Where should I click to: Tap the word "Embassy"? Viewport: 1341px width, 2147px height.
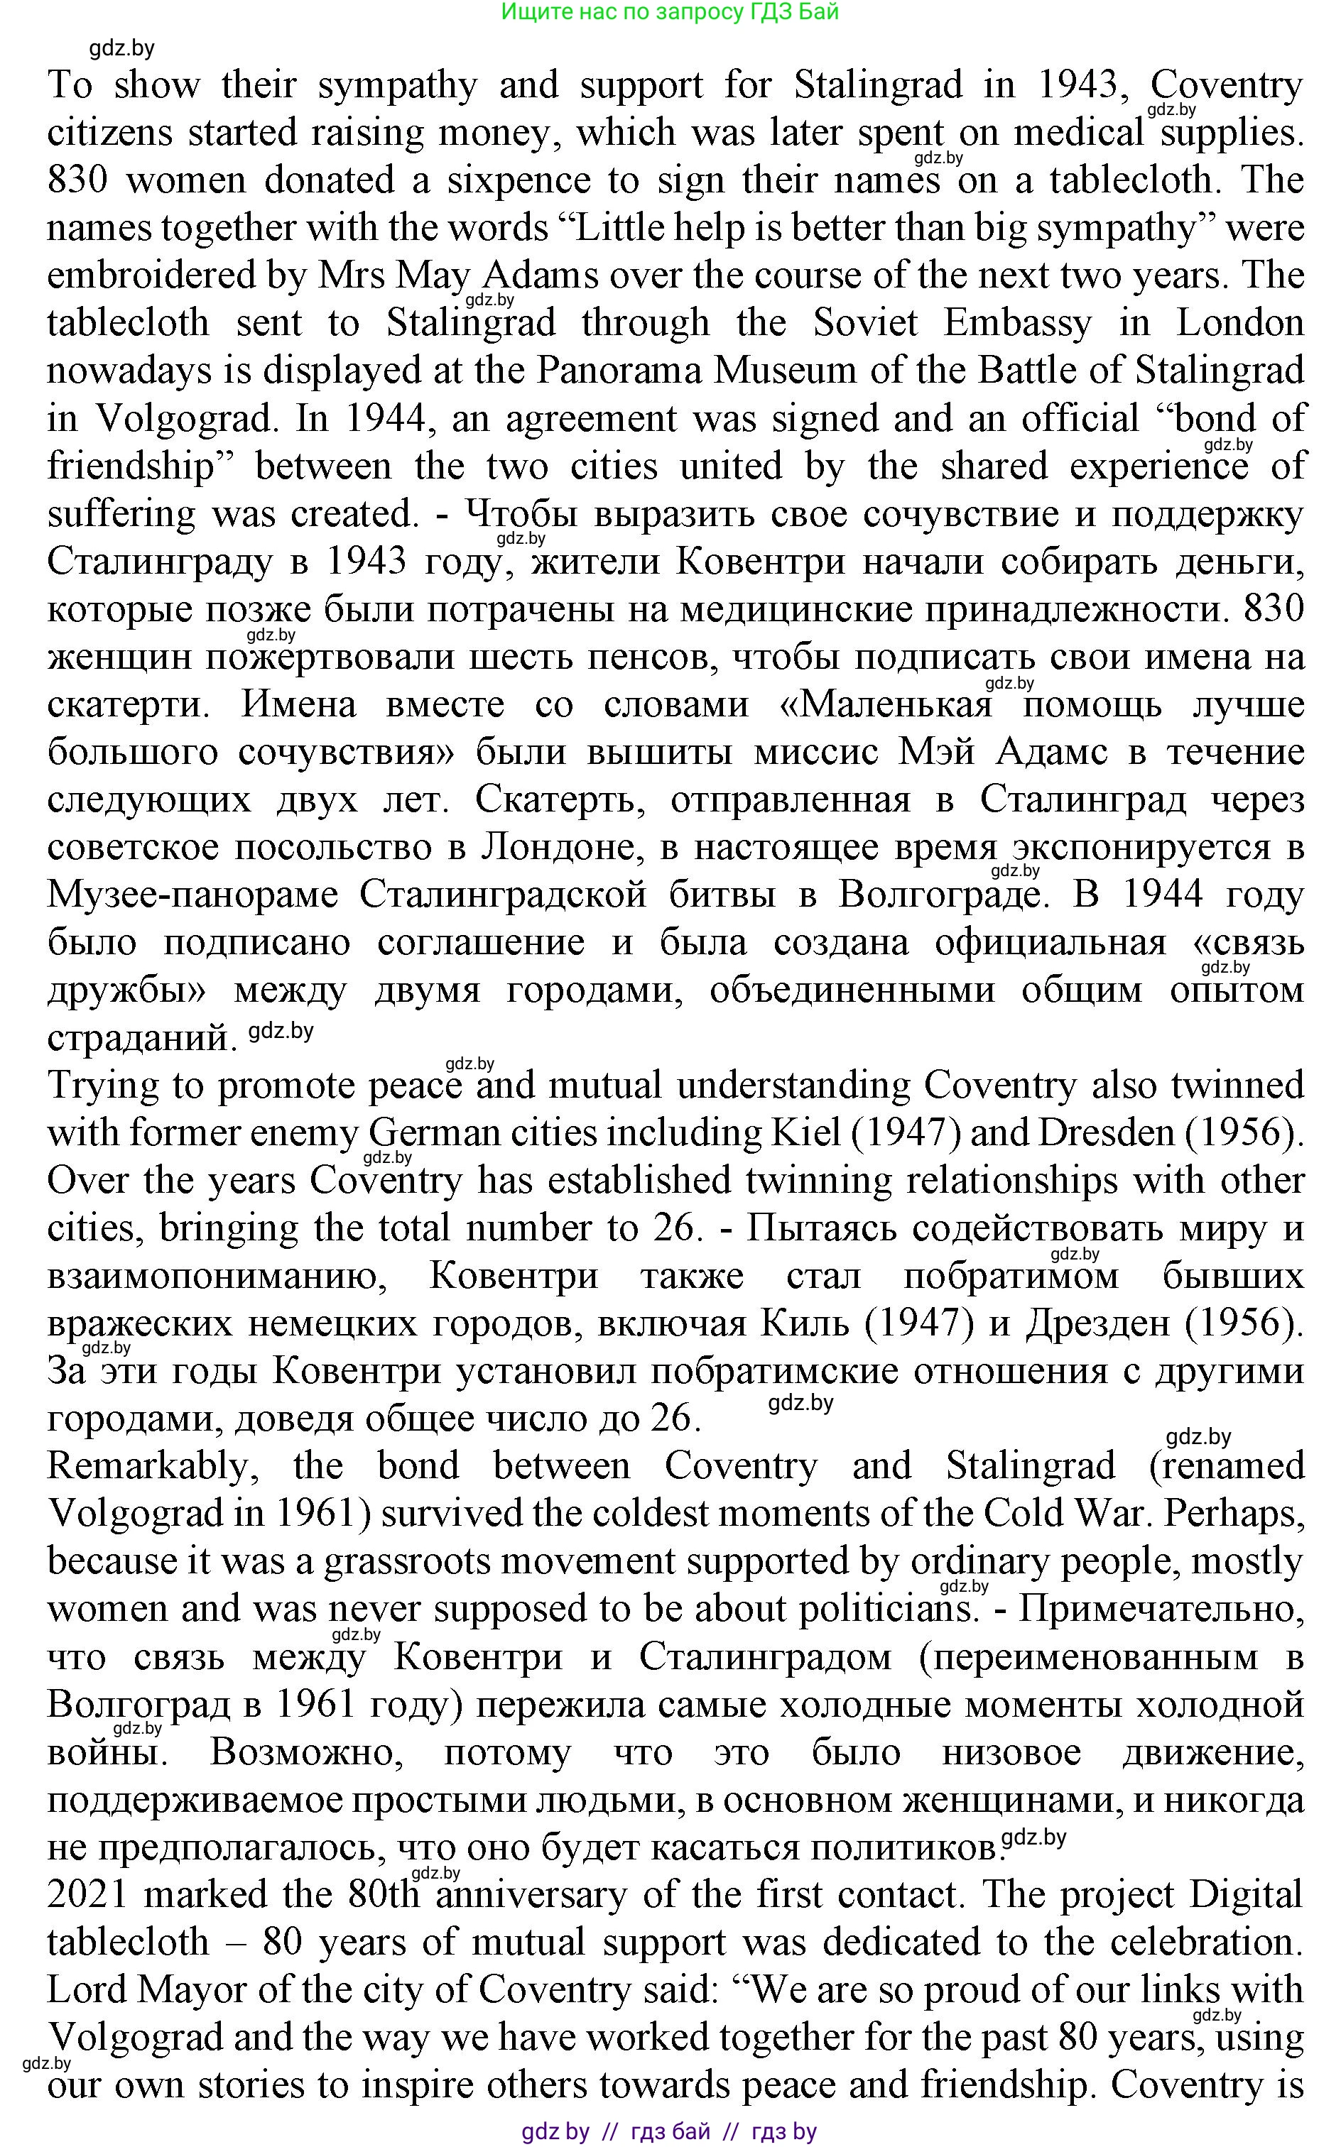tap(1016, 324)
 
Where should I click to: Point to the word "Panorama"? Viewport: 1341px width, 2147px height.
tap(620, 371)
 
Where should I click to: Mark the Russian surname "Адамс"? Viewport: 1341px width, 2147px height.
tap(1051, 753)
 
